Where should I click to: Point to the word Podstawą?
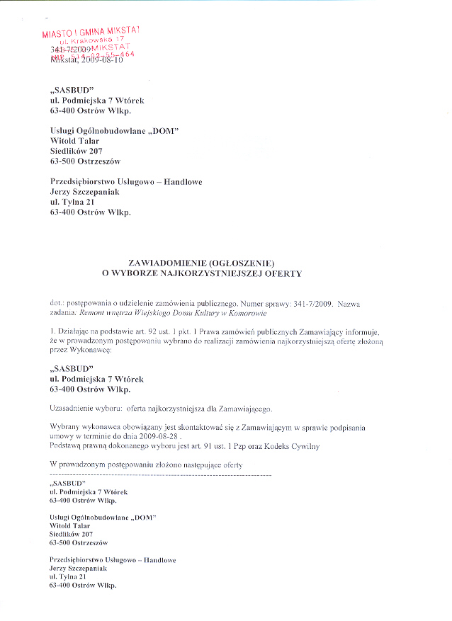[x=68, y=446]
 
